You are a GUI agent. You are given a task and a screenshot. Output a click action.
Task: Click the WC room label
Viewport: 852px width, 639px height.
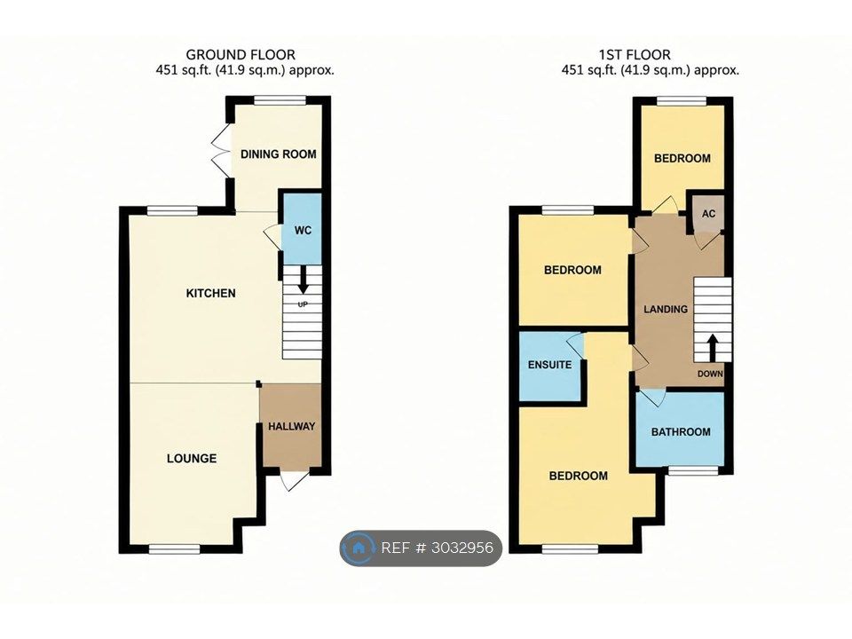coord(303,231)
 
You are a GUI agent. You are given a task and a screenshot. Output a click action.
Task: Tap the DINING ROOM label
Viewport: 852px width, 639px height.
coord(278,154)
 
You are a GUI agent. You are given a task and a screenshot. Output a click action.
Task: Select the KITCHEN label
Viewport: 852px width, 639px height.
coord(211,294)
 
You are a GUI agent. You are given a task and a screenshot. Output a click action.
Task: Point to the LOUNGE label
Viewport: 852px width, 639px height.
coord(192,459)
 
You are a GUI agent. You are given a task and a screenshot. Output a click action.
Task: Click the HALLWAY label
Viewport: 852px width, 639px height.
coord(291,427)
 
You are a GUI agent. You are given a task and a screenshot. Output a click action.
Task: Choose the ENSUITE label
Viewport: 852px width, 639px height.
coord(549,365)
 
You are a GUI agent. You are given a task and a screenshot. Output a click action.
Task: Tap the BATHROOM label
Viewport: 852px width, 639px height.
coord(681,432)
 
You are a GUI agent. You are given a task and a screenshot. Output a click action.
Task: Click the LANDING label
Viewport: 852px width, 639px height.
coord(666,309)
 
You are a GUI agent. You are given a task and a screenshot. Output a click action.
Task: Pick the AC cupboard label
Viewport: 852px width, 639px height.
coord(708,214)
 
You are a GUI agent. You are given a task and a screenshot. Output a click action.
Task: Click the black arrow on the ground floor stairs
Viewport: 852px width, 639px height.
coord(302,280)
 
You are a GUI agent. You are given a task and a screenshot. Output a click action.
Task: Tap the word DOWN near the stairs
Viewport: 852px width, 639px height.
coord(710,374)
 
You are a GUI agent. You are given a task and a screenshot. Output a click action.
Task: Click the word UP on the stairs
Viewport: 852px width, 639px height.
coord(303,304)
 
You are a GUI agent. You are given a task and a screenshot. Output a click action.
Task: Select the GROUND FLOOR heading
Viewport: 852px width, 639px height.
coord(241,55)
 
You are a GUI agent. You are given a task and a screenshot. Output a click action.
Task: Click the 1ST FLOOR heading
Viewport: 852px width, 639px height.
coord(635,55)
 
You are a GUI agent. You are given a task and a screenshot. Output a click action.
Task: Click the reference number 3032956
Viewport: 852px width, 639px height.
coord(461,548)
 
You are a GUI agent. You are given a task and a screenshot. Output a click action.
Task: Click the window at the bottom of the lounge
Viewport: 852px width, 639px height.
coord(175,549)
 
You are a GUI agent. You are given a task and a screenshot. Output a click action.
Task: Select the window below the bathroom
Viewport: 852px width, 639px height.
coord(693,470)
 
